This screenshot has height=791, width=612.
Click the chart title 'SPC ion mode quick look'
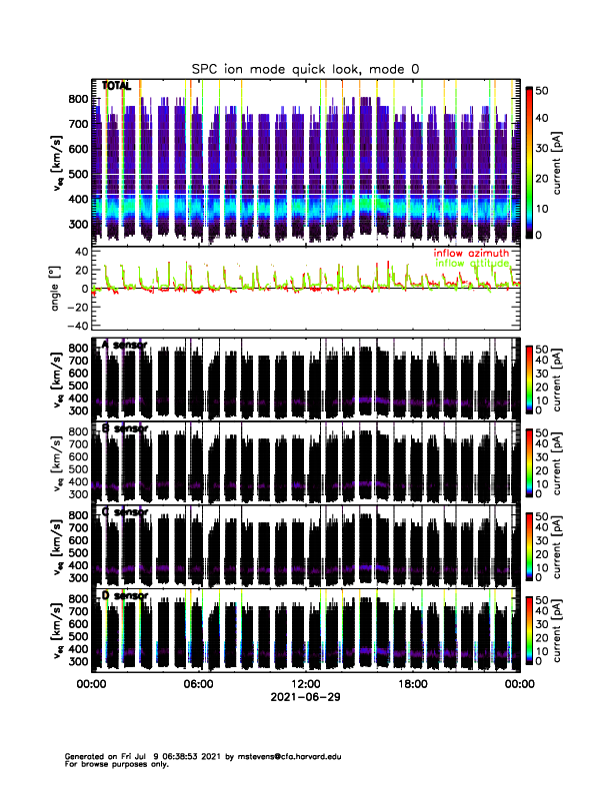pos(306,68)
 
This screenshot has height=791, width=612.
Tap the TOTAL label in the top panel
pos(117,86)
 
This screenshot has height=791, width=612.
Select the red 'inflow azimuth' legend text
pos(471,254)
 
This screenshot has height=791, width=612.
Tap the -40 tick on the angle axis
pos(75,326)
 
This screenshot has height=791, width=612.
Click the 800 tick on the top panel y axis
pos(76,99)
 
